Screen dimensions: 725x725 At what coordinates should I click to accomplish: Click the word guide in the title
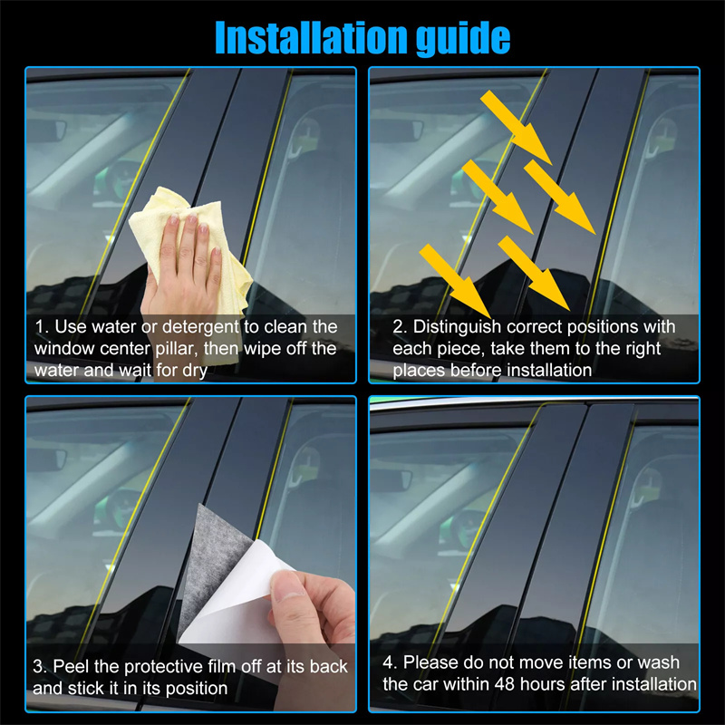pos(463,39)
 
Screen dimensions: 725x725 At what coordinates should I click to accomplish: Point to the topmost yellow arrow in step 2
pos(516,127)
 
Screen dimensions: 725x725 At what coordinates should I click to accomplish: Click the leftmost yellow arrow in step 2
pos(455,281)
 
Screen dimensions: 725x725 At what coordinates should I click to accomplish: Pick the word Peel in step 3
pos(72,666)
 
